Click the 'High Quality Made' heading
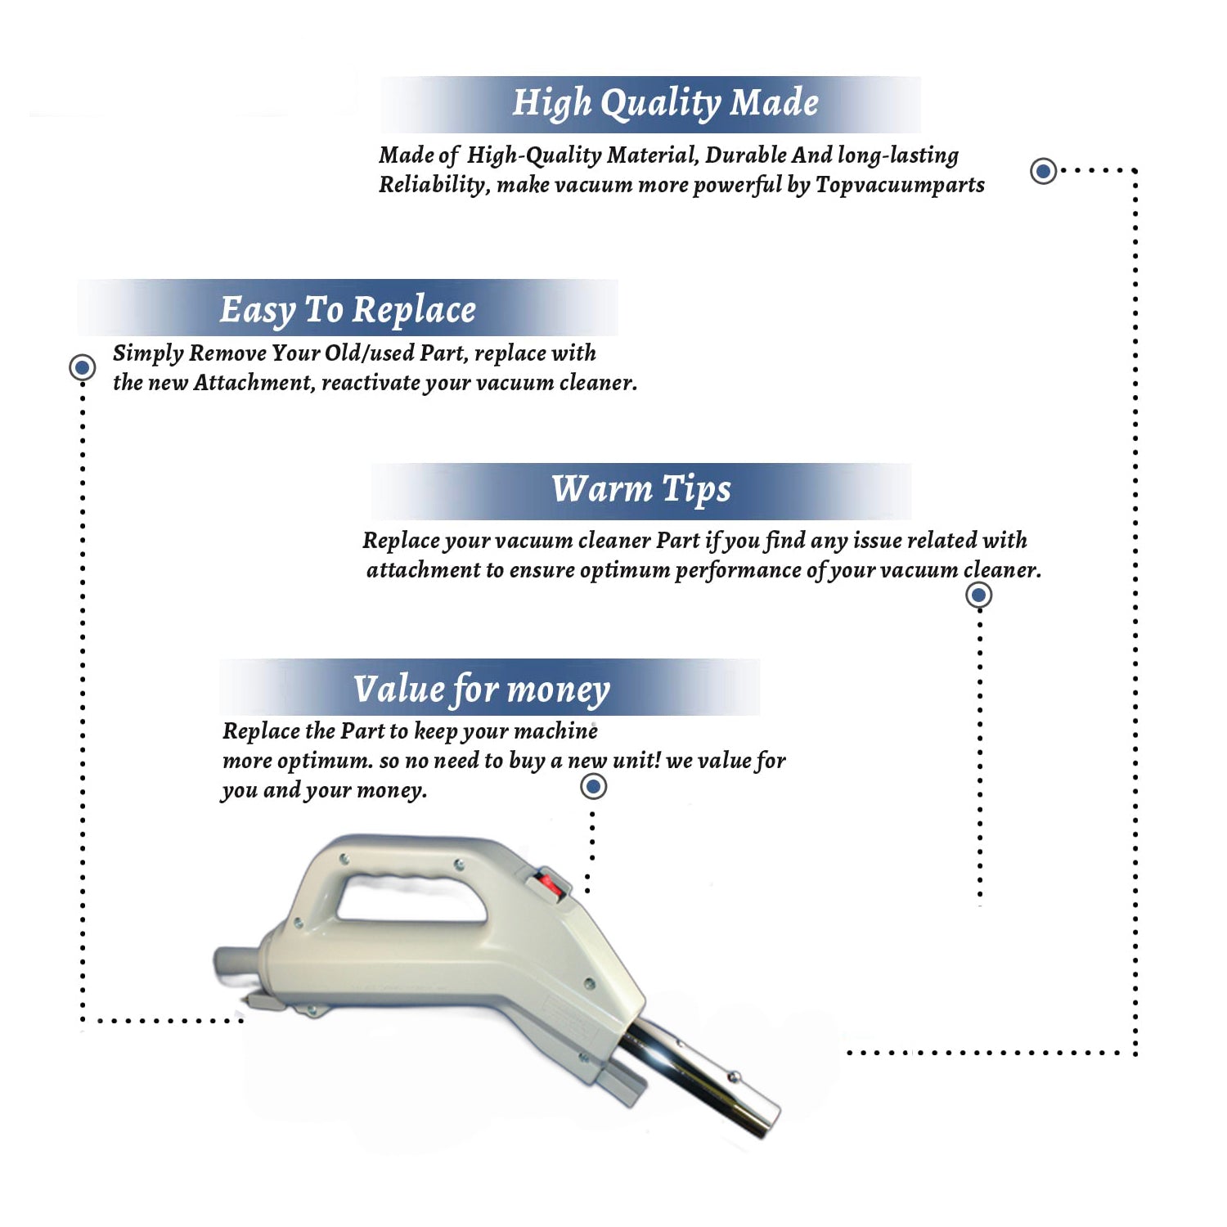click(x=665, y=104)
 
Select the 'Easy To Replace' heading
click(x=348, y=311)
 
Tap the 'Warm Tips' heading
click(x=641, y=490)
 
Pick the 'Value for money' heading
click(x=482, y=690)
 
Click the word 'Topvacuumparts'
click(x=900, y=186)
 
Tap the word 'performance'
click(x=738, y=570)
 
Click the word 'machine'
click(x=558, y=730)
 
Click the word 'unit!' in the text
click(x=636, y=760)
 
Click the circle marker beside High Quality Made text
click(x=1043, y=171)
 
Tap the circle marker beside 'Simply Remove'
click(x=82, y=367)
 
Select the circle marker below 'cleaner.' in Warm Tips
click(x=979, y=595)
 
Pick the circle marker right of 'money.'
click(x=593, y=787)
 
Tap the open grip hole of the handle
click(x=413, y=897)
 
